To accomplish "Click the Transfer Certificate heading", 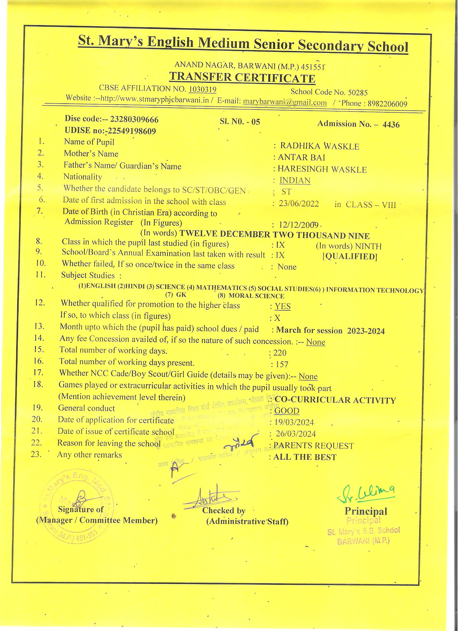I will [x=242, y=78].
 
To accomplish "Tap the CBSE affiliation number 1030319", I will [x=203, y=89].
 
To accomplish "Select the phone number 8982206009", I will [x=387, y=104].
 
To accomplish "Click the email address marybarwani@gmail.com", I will [x=285, y=102].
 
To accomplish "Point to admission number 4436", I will [x=391, y=124].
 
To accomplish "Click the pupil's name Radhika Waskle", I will [x=320, y=146].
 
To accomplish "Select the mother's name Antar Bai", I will [x=301, y=157].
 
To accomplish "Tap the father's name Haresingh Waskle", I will [x=322, y=169].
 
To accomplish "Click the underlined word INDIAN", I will [x=295, y=181].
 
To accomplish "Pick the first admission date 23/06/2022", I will [x=299, y=204].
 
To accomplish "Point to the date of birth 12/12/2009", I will [x=299, y=225].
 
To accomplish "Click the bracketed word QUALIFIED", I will [x=350, y=256].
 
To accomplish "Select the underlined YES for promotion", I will [x=282, y=306].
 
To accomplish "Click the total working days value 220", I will [x=280, y=353].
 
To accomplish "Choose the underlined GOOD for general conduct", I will [x=287, y=411].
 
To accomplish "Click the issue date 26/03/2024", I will [x=296, y=434].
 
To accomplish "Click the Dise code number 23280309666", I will [x=134, y=120].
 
